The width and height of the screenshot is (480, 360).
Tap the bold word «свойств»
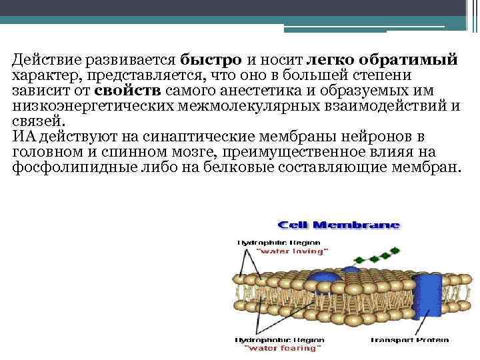[x=127, y=91]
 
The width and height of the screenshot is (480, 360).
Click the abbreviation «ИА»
[x=25, y=137]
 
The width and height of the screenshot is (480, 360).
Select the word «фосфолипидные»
[x=62, y=168]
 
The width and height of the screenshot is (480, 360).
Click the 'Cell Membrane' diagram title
[x=339, y=225]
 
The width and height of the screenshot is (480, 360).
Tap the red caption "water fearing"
[x=284, y=348]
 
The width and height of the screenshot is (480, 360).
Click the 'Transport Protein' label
[x=410, y=340]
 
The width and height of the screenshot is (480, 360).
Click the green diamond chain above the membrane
[x=370, y=257]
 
